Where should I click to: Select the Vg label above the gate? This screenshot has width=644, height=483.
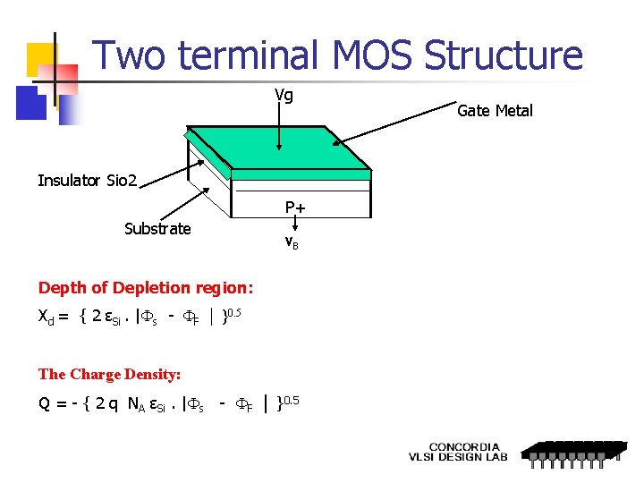284,95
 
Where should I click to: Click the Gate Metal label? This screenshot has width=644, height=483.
495,111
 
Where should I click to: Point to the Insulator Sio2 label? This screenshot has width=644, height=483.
88,181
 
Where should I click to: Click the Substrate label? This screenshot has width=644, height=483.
157,229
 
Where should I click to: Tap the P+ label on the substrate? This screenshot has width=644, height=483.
295,208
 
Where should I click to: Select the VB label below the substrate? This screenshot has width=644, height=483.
292,242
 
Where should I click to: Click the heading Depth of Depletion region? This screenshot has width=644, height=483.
146,288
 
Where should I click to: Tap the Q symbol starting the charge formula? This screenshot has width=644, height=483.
44,403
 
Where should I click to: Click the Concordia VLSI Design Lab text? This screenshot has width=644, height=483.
458,452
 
